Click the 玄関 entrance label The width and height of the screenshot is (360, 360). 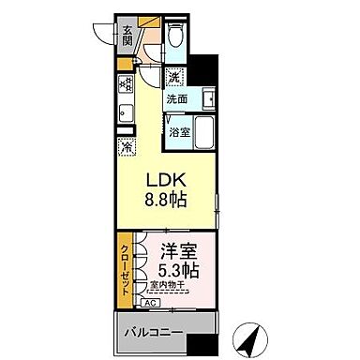(x=127, y=37)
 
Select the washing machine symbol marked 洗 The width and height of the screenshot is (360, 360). (x=174, y=78)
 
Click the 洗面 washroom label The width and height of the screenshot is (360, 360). (x=177, y=97)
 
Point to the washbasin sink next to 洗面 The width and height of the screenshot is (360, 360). (x=207, y=97)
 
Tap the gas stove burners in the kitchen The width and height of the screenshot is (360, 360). (x=125, y=82)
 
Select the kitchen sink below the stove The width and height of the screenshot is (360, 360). (x=125, y=114)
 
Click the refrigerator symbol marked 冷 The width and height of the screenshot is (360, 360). (x=126, y=146)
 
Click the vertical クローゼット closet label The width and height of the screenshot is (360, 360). (x=125, y=269)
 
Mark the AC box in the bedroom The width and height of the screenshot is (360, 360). (x=150, y=303)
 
